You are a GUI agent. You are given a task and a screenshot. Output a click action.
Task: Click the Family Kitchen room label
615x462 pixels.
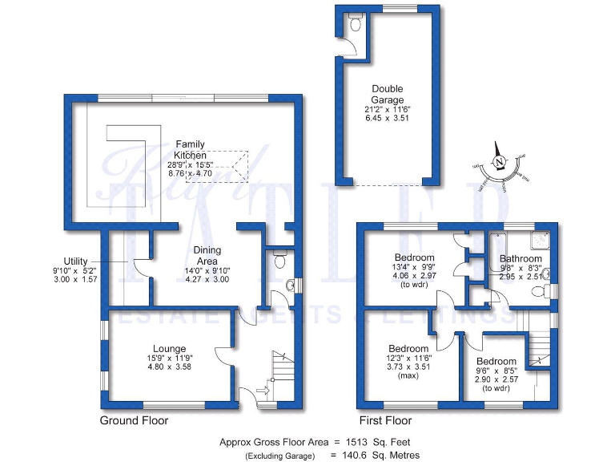[191, 150]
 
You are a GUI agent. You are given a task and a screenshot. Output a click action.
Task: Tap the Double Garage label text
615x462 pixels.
[387, 95]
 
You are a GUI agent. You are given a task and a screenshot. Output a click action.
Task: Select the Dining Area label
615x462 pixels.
[207, 256]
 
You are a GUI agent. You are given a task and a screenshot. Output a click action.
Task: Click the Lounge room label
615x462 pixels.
[169, 349]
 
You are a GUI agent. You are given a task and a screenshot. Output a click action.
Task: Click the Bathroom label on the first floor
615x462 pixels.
[521, 259]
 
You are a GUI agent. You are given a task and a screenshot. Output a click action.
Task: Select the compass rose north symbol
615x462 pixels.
[500, 163]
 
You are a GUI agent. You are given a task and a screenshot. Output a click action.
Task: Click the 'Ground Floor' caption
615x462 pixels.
[131, 420]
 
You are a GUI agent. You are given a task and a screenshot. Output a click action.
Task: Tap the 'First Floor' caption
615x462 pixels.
[386, 420]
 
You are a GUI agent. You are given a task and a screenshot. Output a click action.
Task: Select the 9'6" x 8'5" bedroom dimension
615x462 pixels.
[497, 371]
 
